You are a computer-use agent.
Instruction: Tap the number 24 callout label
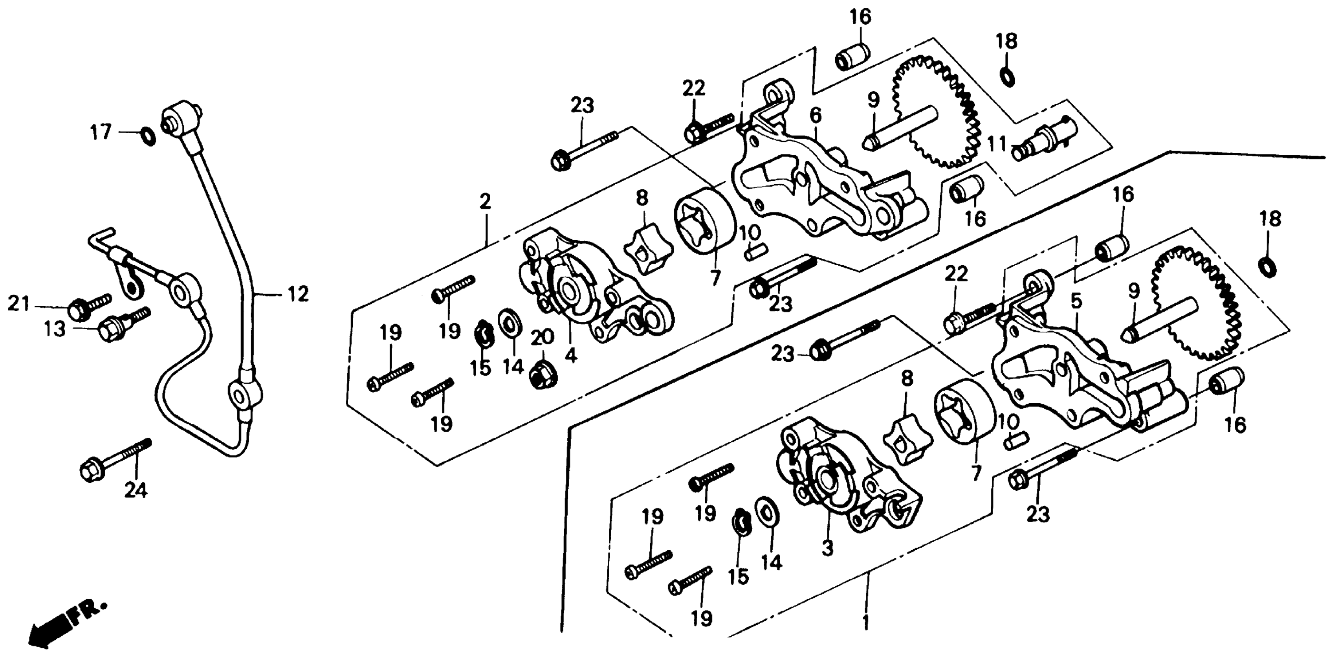pos(136,490)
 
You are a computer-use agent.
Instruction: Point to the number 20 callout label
pos(542,338)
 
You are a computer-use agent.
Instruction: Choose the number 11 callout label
pos(997,143)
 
